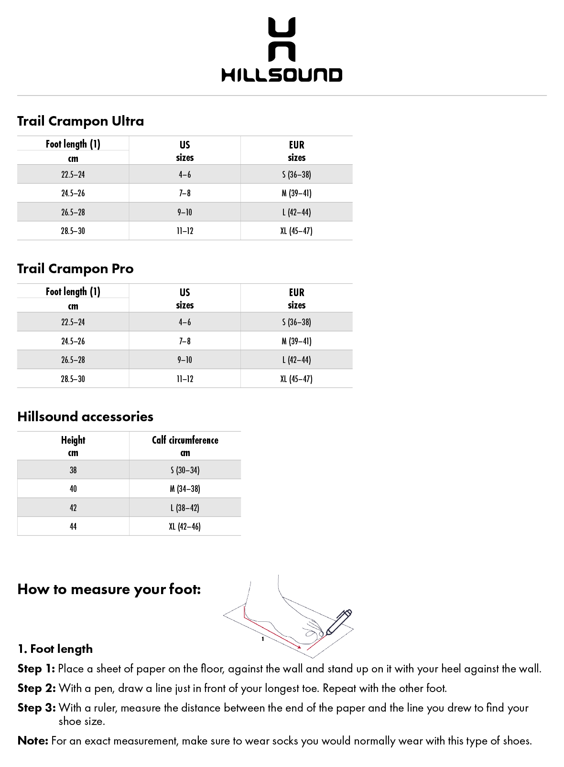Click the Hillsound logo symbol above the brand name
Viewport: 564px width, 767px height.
coord(282,39)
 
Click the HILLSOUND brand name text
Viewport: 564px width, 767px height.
coord(282,75)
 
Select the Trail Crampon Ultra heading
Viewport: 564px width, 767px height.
coord(80,121)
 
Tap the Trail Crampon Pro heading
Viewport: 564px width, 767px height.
coord(75,269)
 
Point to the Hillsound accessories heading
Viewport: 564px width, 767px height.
coord(85,416)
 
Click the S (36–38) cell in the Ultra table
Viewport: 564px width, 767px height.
coord(296,174)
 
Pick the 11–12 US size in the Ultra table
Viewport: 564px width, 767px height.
coord(184,231)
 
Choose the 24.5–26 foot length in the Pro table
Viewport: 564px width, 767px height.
coord(73,341)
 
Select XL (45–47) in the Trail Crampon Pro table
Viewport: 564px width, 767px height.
coord(296,379)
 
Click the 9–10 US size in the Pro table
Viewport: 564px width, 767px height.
coord(184,360)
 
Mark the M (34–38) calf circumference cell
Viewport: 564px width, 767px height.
coord(185,489)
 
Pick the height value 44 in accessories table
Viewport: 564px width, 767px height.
coord(73,526)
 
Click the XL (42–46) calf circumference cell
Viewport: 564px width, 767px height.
coord(185,526)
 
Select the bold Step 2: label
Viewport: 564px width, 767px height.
coord(36,688)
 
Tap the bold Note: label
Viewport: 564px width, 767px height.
coord(33,741)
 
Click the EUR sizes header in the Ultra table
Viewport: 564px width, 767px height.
coord(296,151)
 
